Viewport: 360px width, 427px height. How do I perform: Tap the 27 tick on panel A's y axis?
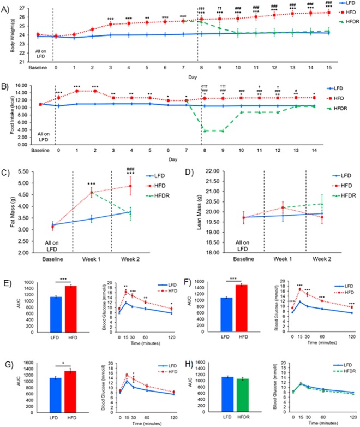coord(25,7)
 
